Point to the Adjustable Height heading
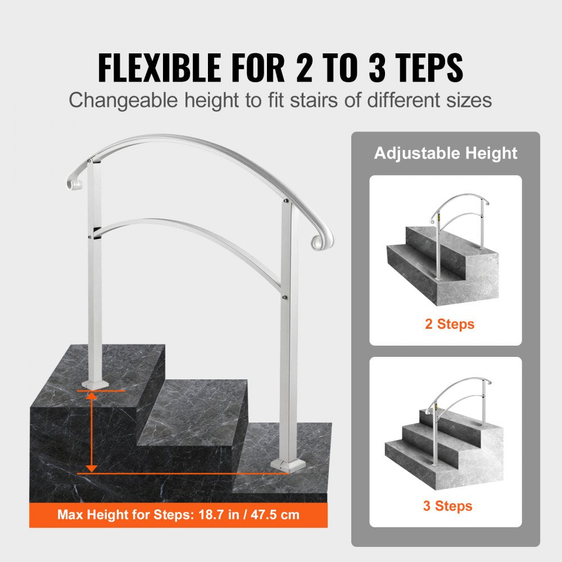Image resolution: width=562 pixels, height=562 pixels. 446,153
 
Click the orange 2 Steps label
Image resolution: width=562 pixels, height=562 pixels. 450,324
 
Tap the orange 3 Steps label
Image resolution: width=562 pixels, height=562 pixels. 447,506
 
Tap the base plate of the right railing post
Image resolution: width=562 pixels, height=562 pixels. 286,464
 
